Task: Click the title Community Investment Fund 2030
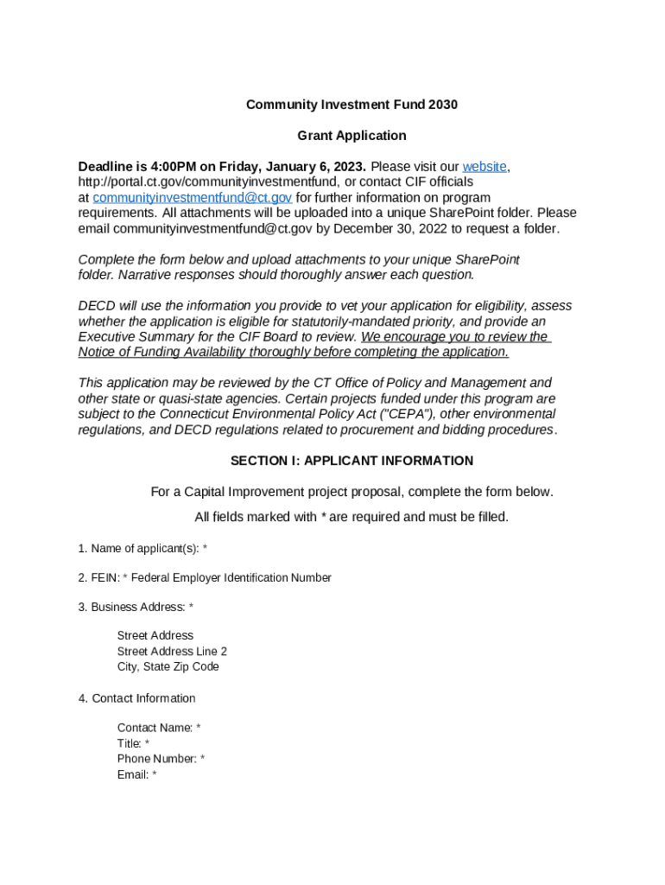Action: coord(351,105)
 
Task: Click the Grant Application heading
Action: coord(351,136)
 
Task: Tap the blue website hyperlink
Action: coord(485,166)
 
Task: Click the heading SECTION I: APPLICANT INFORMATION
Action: coord(351,461)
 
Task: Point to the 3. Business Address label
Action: coord(136,608)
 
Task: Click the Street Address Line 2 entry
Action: coord(172,652)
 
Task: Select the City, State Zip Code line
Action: coord(168,667)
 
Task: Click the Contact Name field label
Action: coord(159,728)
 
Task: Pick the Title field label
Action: coord(133,743)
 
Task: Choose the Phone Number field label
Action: coord(161,759)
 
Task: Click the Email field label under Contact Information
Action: coord(136,774)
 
